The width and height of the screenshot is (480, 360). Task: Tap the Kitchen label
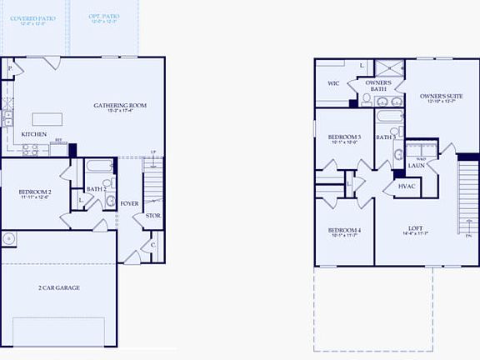point(33,134)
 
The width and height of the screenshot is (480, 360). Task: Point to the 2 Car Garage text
point(58,287)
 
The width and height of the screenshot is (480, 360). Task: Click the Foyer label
point(129,202)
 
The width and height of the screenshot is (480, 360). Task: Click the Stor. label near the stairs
point(152,216)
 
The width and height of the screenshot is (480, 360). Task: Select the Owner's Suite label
point(441,96)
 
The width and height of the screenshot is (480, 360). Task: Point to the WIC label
point(332,83)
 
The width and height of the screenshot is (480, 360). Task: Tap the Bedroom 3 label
point(344,137)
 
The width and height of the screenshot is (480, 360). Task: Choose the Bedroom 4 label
point(344,230)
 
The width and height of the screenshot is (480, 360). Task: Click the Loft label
point(415,228)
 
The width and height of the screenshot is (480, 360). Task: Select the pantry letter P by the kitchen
point(10,68)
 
